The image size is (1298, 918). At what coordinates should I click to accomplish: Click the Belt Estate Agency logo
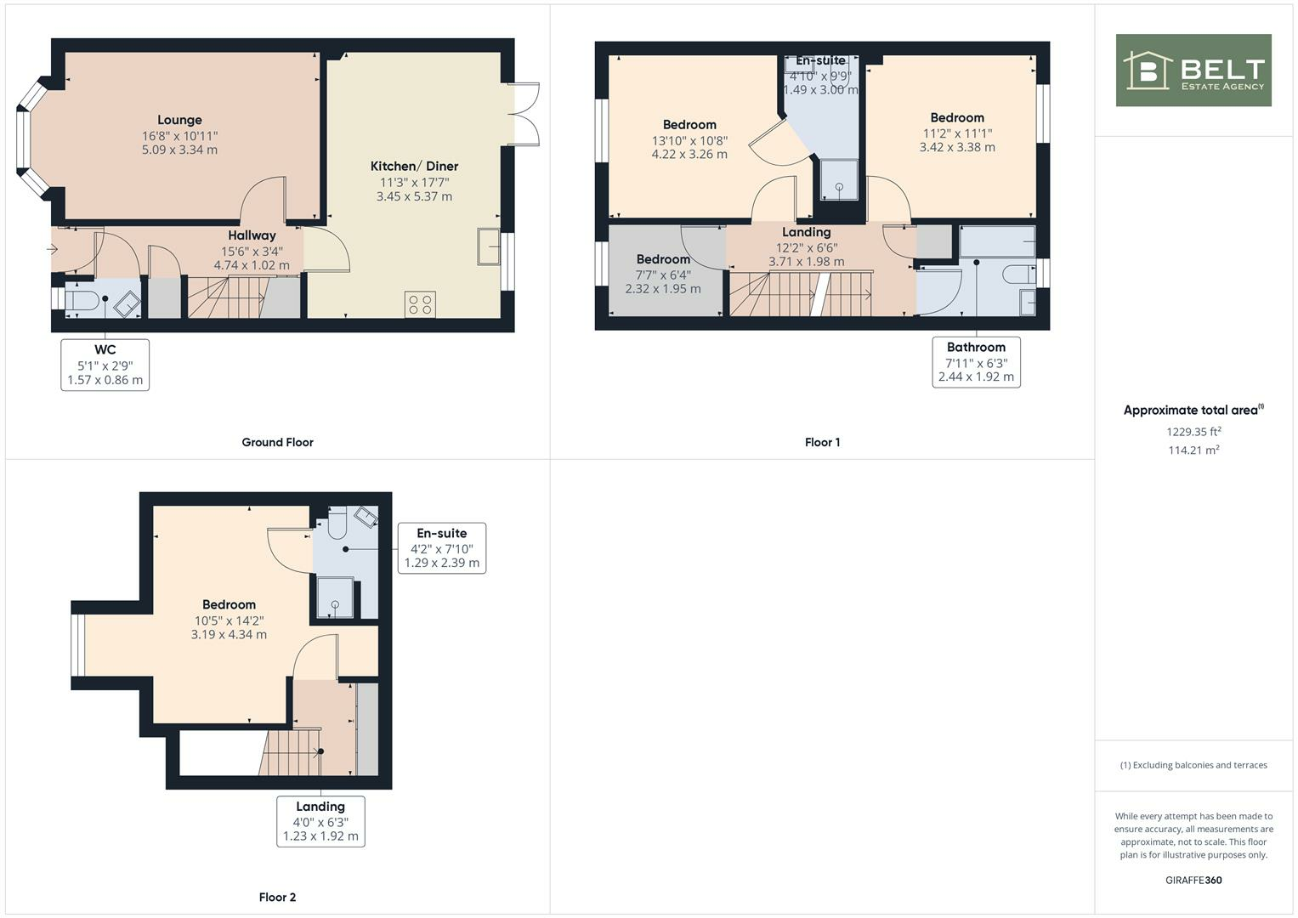click(1193, 71)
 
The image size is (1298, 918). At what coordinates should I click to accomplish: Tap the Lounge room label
click(179, 120)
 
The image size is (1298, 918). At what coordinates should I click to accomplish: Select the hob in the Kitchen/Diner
click(420, 304)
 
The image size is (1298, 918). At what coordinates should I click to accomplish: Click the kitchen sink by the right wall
click(489, 246)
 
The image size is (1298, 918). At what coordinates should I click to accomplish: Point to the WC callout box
click(105, 365)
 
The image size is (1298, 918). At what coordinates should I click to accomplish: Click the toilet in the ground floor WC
click(82, 301)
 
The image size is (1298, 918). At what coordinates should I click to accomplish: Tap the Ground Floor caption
click(277, 442)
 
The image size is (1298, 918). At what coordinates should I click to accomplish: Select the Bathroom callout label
click(976, 347)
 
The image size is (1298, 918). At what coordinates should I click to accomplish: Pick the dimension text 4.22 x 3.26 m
click(689, 155)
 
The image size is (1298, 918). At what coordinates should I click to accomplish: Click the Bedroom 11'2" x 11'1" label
click(957, 118)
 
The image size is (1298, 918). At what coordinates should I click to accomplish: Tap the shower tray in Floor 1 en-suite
click(839, 179)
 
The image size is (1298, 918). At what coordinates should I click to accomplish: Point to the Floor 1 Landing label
click(806, 232)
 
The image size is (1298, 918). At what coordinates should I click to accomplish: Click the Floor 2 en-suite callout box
click(441, 548)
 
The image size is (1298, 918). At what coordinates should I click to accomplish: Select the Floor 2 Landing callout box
click(320, 821)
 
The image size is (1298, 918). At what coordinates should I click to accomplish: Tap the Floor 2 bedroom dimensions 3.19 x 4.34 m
click(229, 634)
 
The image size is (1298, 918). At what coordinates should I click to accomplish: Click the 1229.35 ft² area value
click(1193, 431)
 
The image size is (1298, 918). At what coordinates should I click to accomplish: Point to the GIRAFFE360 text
click(1193, 880)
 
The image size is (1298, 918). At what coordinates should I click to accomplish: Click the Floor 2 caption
click(277, 897)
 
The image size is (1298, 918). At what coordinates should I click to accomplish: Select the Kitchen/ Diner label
click(414, 167)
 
